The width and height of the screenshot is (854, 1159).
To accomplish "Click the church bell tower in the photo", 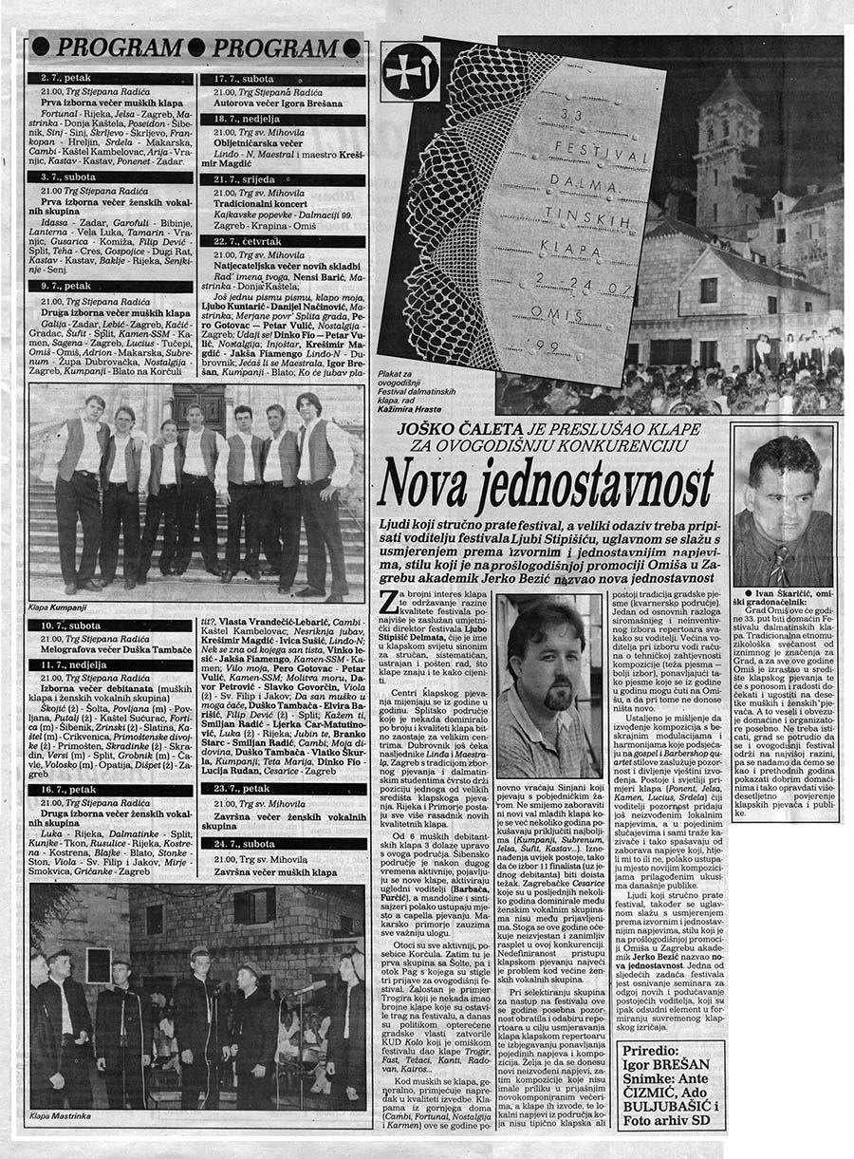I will (x=727, y=142).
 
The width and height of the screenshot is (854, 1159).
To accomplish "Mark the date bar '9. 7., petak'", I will (x=110, y=285).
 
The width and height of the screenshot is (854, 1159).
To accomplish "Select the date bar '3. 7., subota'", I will (x=110, y=178).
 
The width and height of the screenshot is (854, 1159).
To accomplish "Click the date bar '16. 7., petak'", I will (x=110, y=789).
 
